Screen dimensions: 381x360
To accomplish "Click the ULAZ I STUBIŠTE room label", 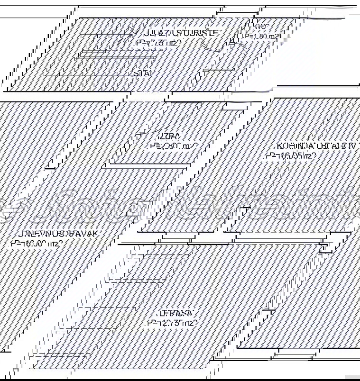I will pyautogui.click(x=179, y=33).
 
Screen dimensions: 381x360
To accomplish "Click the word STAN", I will pyautogui.click(x=144, y=73).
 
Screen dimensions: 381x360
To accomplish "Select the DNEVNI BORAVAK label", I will pyautogui.click(x=58, y=234).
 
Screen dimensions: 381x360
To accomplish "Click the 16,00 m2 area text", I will pyautogui.click(x=37, y=244).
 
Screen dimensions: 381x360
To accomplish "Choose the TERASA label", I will pyautogui.click(x=176, y=314).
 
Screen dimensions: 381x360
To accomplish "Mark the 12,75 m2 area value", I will pyautogui.click(x=172, y=323).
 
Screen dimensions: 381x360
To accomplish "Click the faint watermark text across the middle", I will pyautogui.click(x=180, y=205).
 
